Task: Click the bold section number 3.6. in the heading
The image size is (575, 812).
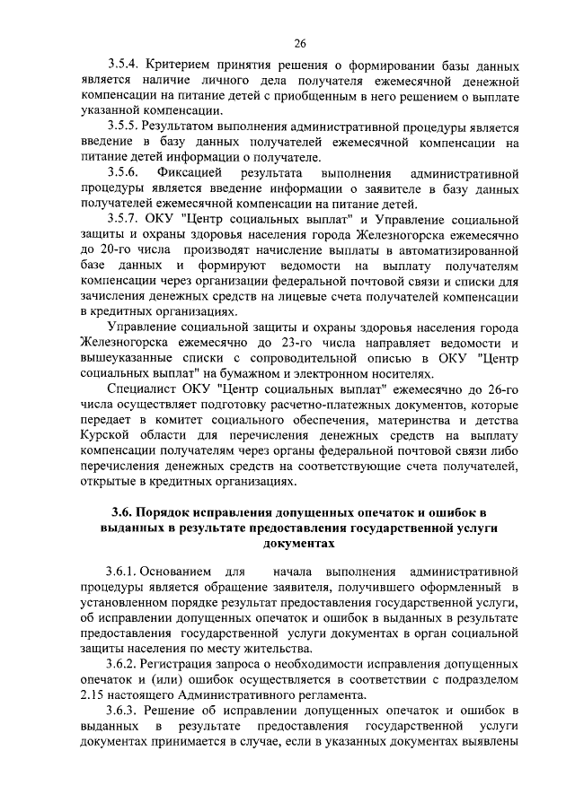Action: pyautogui.click(x=124, y=513)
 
